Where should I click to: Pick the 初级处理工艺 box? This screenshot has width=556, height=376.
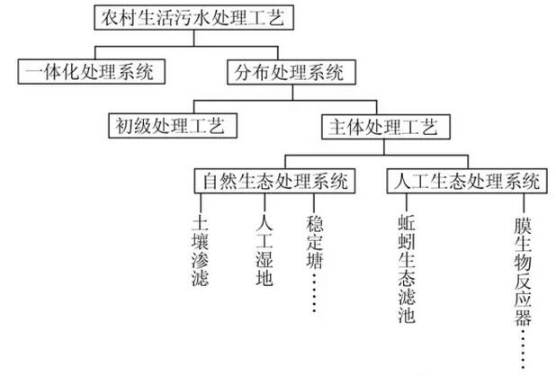tap(171, 125)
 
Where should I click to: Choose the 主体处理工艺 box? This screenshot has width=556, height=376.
tap(381, 125)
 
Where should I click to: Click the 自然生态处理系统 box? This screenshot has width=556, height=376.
tap(273, 180)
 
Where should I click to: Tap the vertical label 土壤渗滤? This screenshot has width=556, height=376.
tap(201, 251)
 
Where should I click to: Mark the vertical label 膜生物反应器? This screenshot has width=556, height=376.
tap(523, 269)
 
